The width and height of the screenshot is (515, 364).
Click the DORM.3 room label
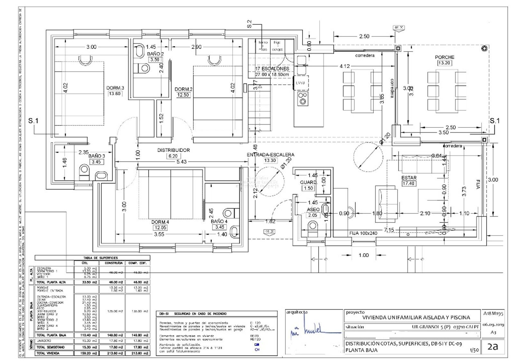pos(115,88)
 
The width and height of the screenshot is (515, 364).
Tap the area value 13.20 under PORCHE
pos(444,63)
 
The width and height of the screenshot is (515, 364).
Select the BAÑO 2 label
pos(155,54)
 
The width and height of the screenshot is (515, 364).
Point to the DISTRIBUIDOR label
pos(173,150)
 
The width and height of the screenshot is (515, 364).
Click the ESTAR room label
pos(409,178)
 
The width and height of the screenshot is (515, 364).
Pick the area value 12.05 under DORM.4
pos(160,228)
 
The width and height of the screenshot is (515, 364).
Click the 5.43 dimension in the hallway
pos(181,162)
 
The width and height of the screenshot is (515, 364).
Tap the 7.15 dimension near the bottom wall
pos(389,230)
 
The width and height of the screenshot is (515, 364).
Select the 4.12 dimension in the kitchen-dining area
pos(344,66)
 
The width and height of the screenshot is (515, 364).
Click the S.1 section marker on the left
pos(33,121)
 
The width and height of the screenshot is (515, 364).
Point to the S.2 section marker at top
pos(249,24)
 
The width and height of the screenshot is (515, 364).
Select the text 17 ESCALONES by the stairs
pos(272,69)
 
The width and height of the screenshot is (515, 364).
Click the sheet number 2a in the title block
pos(492,346)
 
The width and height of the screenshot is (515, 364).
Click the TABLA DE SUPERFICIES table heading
pos(101,258)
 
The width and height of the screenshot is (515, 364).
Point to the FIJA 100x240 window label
pos(363,233)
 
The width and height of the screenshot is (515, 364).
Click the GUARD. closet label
pos(308,182)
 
